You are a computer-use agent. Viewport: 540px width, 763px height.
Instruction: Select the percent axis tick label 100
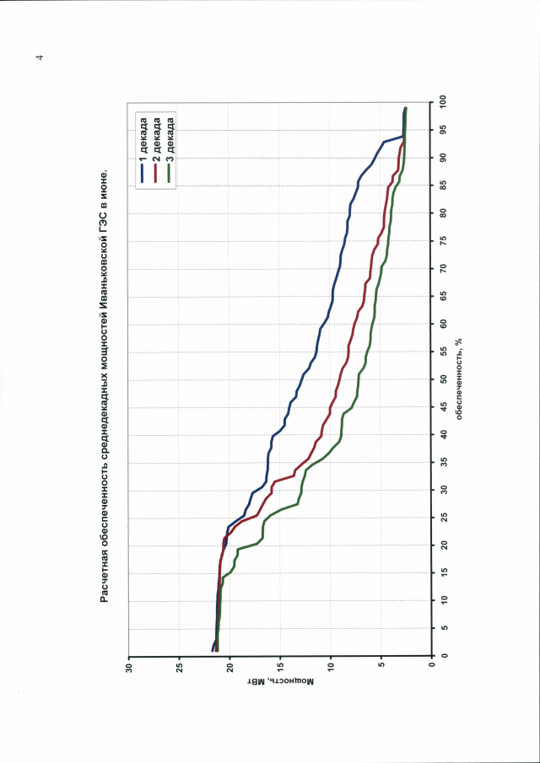442,102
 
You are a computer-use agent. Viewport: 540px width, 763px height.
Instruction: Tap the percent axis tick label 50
442,379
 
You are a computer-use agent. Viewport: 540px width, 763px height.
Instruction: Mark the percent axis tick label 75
442,240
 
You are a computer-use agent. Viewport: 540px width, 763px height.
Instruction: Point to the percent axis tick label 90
442,158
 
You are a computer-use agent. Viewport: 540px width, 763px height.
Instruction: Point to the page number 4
40,58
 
